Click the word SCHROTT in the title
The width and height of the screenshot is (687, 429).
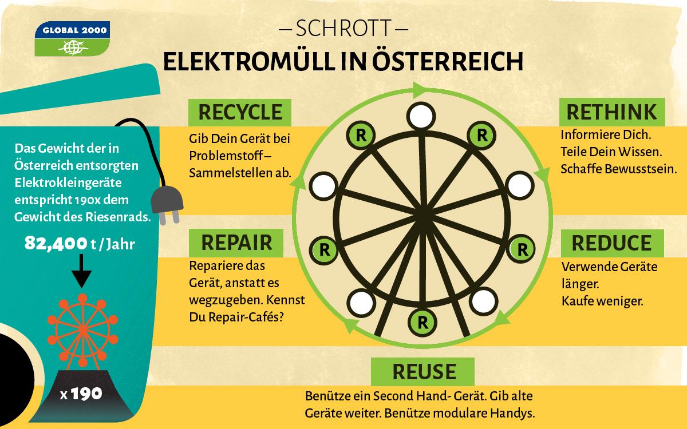point(343,27)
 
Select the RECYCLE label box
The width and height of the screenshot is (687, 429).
point(240,112)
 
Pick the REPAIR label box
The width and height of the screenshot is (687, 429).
point(236,243)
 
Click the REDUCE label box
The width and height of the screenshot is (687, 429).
point(611,243)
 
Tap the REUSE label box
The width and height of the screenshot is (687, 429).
point(423,372)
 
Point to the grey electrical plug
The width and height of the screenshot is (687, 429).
point(168,201)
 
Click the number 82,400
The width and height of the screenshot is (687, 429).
point(55,244)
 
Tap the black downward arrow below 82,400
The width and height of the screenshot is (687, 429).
point(82,271)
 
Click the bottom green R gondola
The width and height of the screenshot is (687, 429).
point(423,321)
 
